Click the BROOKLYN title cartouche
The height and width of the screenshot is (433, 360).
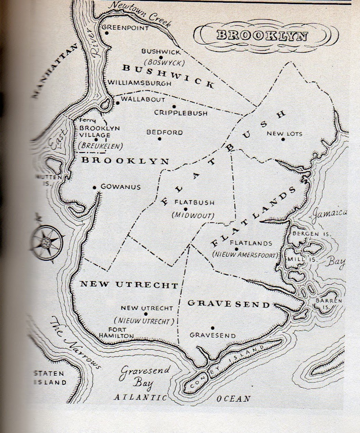click(x=262, y=35)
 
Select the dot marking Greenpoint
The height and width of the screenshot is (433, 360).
click(x=107, y=33)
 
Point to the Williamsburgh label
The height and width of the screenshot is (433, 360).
click(x=139, y=83)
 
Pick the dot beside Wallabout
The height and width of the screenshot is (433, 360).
click(x=117, y=103)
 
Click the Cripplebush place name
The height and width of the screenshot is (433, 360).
click(x=181, y=113)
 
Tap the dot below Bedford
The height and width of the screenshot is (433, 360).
click(x=159, y=139)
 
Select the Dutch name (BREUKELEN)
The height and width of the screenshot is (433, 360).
click(x=101, y=146)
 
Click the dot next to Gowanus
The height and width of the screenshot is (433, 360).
click(x=95, y=187)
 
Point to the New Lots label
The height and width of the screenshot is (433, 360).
click(x=284, y=134)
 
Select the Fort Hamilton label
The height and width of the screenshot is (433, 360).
click(x=116, y=333)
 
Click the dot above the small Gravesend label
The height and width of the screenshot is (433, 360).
click(x=212, y=327)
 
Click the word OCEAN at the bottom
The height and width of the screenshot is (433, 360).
click(x=234, y=398)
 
